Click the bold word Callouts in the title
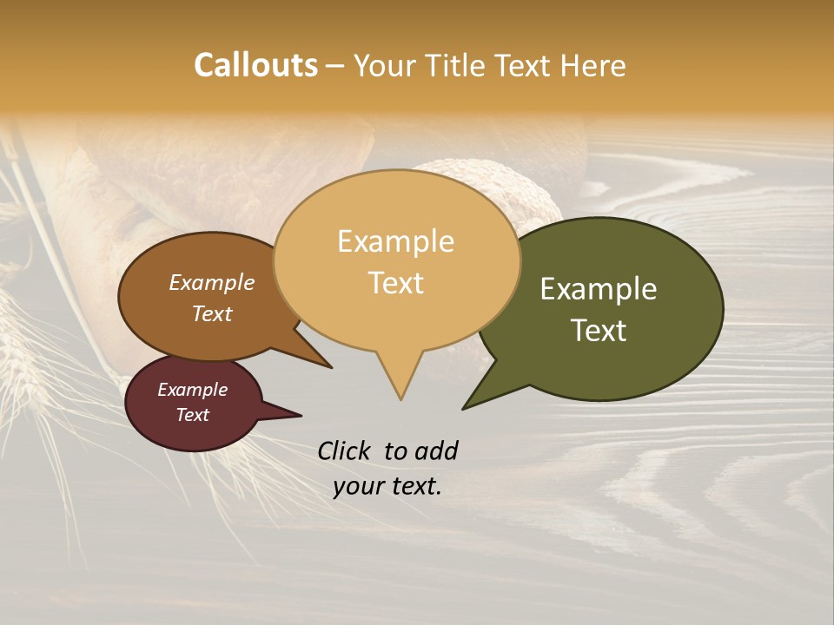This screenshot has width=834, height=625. (255, 65)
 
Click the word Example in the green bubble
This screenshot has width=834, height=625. (598, 289)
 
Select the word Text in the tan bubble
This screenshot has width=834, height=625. (396, 283)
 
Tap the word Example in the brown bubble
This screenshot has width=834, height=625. (211, 282)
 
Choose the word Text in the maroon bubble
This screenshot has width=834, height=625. (192, 415)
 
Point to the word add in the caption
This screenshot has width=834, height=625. (435, 451)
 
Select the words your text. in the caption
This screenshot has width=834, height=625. (387, 486)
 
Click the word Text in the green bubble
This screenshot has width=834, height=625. (599, 331)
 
